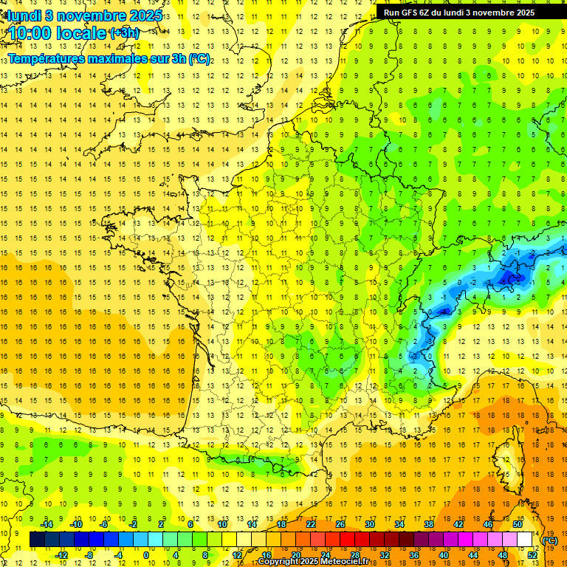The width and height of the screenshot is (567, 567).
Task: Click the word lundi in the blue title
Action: click(24, 16)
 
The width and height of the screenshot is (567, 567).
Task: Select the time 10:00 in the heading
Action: click(32, 33)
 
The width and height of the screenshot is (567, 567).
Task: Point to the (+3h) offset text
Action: click(123, 33)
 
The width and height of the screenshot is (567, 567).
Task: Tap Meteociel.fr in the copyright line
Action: click(349, 562)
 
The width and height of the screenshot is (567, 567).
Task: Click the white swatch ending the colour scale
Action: click(525, 540)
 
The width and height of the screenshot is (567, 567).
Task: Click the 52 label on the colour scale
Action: click(532, 555)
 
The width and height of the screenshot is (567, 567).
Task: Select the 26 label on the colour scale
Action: click(340, 524)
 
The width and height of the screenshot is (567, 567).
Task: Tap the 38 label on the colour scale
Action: click(429, 524)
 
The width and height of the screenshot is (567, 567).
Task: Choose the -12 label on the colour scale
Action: click(62, 555)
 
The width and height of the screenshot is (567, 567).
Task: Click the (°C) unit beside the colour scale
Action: click(550, 540)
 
